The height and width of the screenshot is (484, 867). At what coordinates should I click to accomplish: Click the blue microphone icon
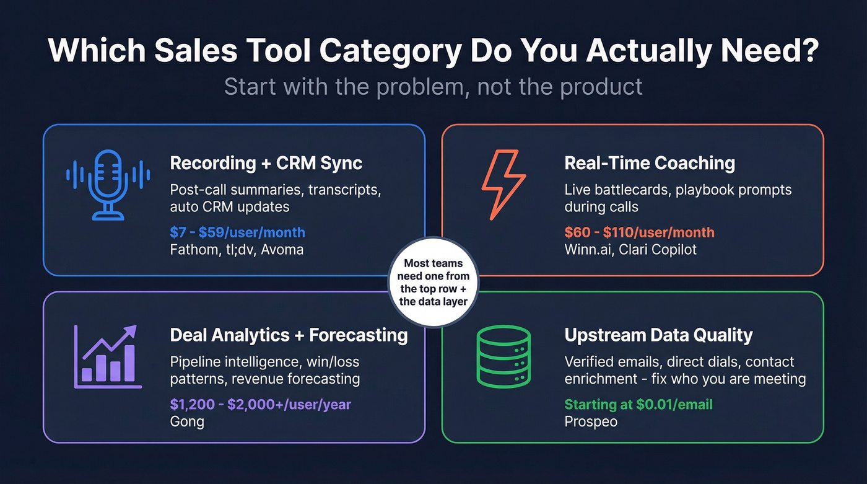coord(108,184)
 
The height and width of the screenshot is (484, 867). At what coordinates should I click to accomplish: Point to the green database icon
coord(503,356)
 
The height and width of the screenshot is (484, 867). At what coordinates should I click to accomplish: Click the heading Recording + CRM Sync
coord(266,164)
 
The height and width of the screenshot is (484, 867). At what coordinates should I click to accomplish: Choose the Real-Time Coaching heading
coord(650,164)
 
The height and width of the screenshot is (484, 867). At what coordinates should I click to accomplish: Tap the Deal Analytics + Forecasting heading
coord(289,335)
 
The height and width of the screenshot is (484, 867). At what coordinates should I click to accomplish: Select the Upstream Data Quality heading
coord(658,335)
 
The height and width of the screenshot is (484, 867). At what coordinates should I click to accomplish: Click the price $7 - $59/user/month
coord(237,233)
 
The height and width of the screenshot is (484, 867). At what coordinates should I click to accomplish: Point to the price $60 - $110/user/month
coord(639,233)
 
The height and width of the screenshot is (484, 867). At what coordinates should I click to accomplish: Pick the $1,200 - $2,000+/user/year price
coord(260,405)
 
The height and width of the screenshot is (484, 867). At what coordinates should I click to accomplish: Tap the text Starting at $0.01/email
coord(638,405)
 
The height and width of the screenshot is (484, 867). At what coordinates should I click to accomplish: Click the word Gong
coord(187,422)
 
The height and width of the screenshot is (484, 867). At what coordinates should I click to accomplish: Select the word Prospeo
coord(591,422)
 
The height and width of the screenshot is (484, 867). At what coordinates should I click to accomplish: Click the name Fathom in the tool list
coord(193,250)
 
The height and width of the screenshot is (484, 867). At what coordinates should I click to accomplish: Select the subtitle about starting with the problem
coord(433,86)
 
